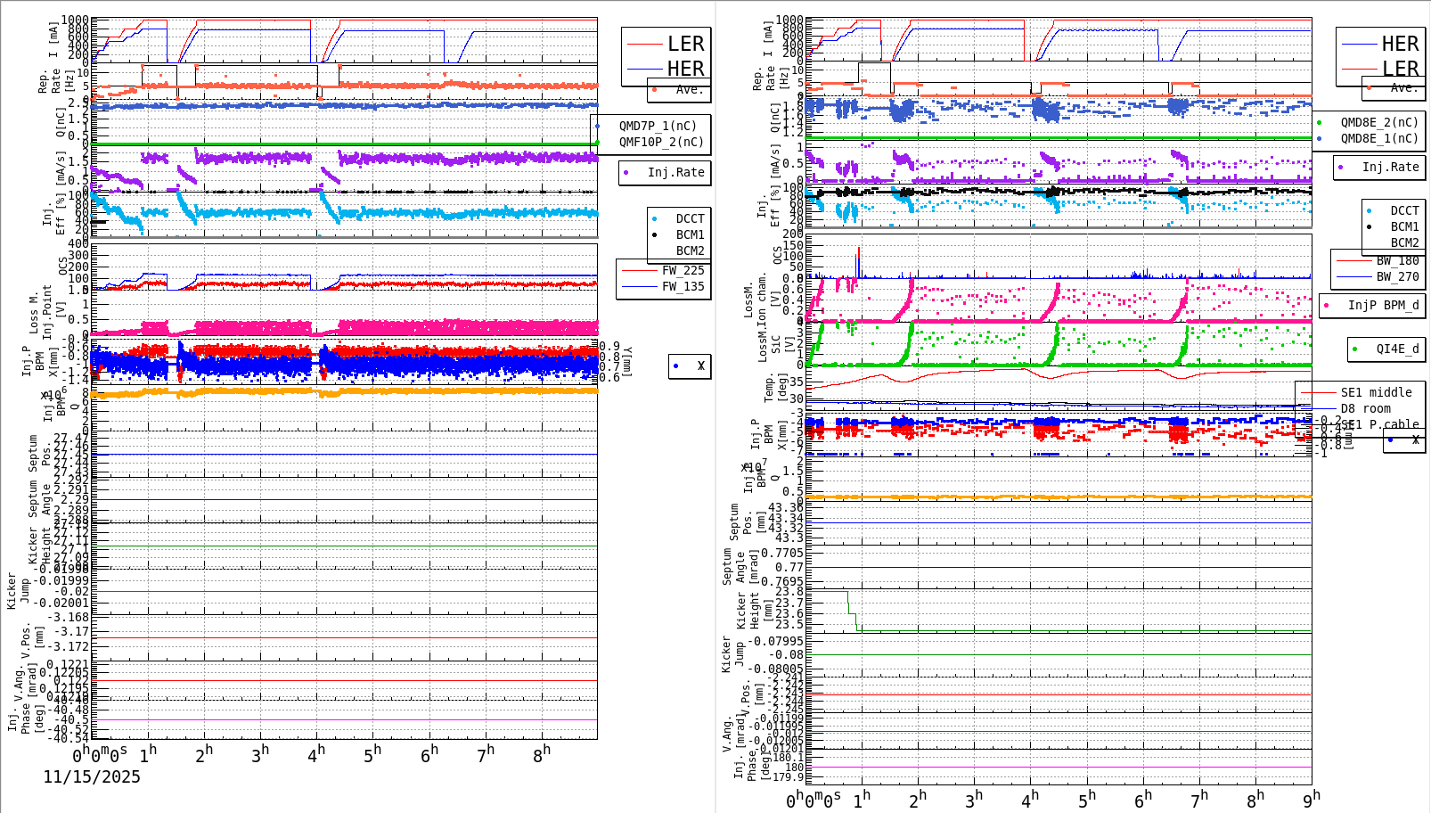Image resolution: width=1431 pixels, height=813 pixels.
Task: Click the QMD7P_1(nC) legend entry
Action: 658,126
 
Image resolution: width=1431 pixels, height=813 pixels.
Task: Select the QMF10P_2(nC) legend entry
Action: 661,142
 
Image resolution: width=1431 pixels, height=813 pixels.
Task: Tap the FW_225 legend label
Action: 683,270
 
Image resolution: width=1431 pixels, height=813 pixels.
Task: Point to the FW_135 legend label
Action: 683,286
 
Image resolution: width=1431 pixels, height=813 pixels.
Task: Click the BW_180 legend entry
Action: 1397,260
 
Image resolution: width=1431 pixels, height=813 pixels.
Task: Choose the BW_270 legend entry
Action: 1397,276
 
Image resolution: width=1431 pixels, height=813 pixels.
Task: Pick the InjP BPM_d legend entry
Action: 1383,305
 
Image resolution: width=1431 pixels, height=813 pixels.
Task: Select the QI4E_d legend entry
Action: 1397,349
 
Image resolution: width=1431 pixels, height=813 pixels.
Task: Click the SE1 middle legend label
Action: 1376,392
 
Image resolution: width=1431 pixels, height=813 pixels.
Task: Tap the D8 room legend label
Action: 1365,408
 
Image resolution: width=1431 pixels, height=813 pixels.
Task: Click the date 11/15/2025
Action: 92,776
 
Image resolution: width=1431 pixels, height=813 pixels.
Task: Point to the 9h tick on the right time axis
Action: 1312,799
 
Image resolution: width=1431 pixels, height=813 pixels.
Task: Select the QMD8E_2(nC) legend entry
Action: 1379,122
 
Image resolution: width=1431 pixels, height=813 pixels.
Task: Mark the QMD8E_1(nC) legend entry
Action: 1379,138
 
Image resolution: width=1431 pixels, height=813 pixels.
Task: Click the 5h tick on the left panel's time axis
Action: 372,755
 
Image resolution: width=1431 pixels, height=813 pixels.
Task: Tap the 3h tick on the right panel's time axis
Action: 974,799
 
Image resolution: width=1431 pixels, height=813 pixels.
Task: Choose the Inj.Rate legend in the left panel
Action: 675,172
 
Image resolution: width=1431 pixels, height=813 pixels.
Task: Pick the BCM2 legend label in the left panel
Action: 690,250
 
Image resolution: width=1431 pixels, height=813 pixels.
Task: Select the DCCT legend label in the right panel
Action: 1404,210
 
